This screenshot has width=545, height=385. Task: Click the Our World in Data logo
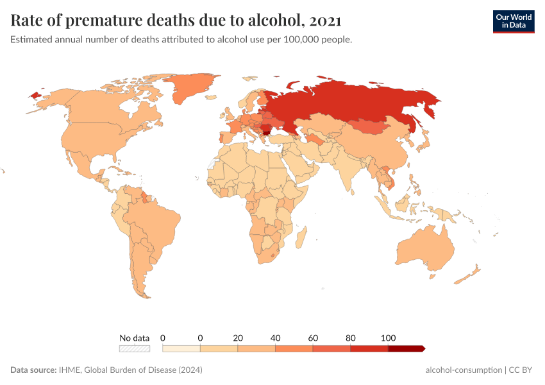513,21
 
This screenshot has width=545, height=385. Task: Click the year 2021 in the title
325,21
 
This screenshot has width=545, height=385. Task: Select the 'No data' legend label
134,338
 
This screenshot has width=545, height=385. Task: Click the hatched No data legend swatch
134,348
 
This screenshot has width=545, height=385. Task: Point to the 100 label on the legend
388,338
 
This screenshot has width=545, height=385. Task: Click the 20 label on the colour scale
238,338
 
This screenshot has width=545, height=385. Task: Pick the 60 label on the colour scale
313,338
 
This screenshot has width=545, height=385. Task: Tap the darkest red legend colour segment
405,348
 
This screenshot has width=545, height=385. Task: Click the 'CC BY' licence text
522,370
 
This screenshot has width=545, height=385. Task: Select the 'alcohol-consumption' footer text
463,370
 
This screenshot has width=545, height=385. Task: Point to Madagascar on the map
299,238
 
